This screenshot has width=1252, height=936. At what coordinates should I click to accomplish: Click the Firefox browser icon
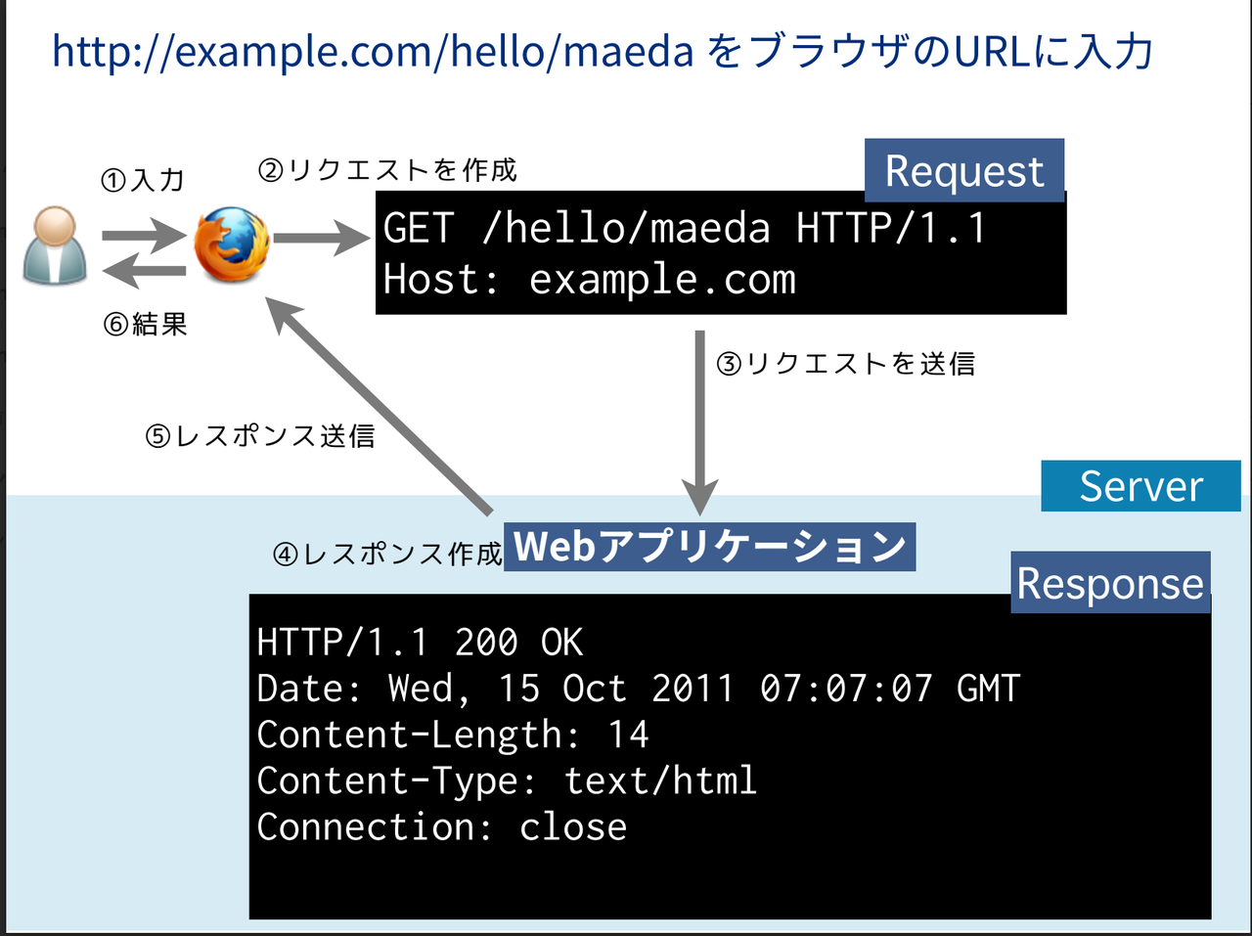click(232, 244)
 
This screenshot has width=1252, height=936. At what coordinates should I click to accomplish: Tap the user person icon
click(55, 245)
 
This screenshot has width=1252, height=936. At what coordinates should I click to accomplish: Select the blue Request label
click(964, 171)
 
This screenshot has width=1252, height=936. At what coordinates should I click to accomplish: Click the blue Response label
click(1110, 583)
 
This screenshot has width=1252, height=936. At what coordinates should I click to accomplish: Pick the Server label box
click(1140, 486)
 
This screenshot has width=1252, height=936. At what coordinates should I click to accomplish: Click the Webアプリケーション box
click(710, 547)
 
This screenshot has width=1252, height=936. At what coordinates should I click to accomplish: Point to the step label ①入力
click(143, 180)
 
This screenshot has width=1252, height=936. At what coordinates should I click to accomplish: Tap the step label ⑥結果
click(146, 324)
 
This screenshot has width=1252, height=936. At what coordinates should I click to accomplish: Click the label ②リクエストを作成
click(387, 170)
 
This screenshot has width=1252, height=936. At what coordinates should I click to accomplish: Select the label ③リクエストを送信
click(846, 364)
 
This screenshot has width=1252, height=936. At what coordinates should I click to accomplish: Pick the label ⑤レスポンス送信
click(260, 435)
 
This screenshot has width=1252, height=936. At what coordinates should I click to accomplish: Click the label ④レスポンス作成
click(387, 555)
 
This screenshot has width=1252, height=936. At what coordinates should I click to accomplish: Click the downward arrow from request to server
click(699, 421)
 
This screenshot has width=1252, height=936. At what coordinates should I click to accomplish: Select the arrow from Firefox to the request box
click(319, 238)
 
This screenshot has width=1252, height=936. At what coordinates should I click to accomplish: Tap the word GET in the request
click(419, 229)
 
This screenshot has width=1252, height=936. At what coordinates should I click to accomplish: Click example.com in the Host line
click(662, 281)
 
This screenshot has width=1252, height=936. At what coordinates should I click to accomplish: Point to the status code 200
click(486, 643)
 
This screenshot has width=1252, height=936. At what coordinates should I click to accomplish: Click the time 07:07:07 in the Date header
click(846, 689)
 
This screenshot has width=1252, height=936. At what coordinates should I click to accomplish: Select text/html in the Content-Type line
click(660, 780)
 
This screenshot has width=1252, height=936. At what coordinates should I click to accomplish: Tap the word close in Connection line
click(573, 827)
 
